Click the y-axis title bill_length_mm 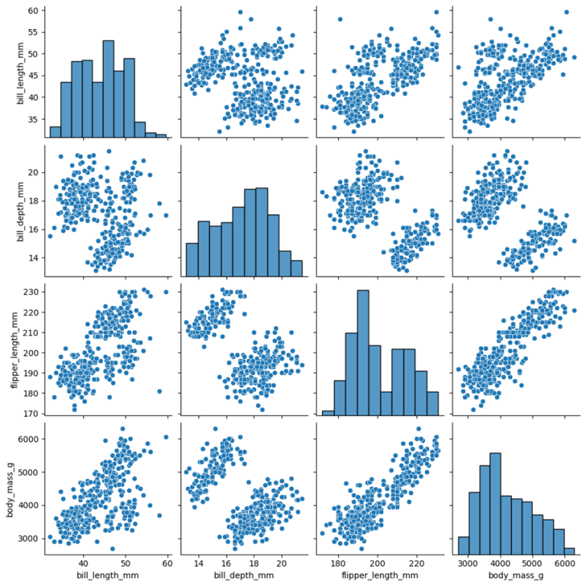click(10, 74)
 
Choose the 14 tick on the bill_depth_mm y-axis click(31, 258)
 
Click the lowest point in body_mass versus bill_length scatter click(112, 548)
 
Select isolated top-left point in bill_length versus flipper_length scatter click(340, 19)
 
